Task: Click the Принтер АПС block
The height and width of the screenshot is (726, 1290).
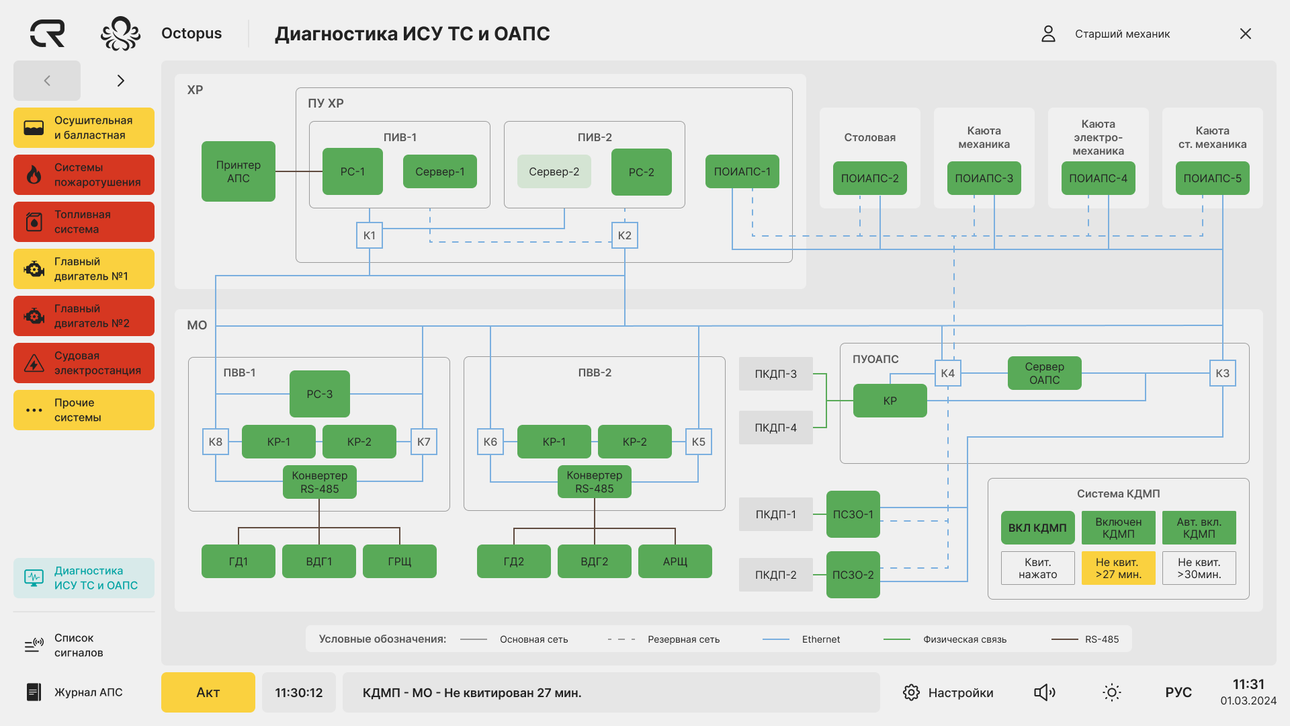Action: tap(239, 171)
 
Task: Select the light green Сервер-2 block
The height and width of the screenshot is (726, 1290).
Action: tap(554, 171)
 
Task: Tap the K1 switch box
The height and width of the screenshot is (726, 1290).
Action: tap(370, 235)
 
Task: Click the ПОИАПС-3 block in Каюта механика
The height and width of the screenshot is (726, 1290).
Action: tap(984, 178)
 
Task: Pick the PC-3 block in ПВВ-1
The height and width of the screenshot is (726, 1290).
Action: tap(319, 394)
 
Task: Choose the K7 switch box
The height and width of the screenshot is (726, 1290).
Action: tap(423, 442)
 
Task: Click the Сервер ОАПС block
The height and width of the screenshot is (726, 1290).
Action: tap(1044, 373)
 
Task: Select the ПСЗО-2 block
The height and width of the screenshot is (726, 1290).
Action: tap(853, 575)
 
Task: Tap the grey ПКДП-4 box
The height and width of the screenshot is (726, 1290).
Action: tap(775, 428)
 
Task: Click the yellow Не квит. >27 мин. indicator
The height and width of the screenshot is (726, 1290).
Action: tap(1118, 568)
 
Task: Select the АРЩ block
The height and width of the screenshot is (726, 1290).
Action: tap(675, 561)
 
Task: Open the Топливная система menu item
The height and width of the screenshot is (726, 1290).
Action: tap(84, 222)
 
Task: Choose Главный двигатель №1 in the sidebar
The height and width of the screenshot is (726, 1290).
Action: tap(84, 269)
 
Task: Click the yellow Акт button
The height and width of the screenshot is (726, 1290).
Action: tap(208, 692)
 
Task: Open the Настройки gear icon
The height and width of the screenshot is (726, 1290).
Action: tap(911, 692)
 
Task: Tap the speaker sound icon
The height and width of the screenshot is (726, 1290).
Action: tap(1044, 692)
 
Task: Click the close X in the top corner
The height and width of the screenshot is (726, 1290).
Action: tap(1245, 34)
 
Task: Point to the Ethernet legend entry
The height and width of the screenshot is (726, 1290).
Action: tap(820, 639)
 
